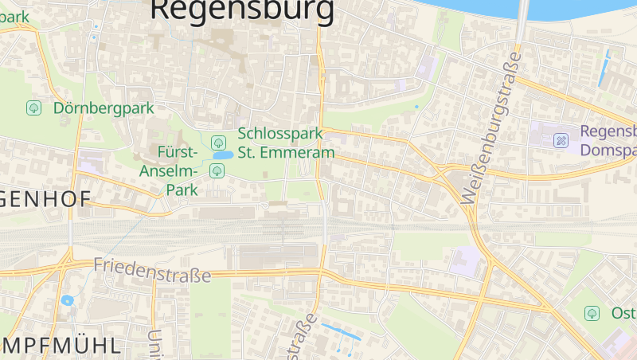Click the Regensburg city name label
point(242,10)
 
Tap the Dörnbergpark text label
point(104,108)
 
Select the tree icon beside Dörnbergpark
point(34,108)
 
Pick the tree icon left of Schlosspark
point(217,143)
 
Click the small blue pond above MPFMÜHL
point(67,301)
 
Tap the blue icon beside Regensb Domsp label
point(561,140)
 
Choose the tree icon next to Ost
point(592,313)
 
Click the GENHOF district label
point(45,200)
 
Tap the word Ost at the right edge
point(623,313)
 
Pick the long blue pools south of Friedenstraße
point(340,331)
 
